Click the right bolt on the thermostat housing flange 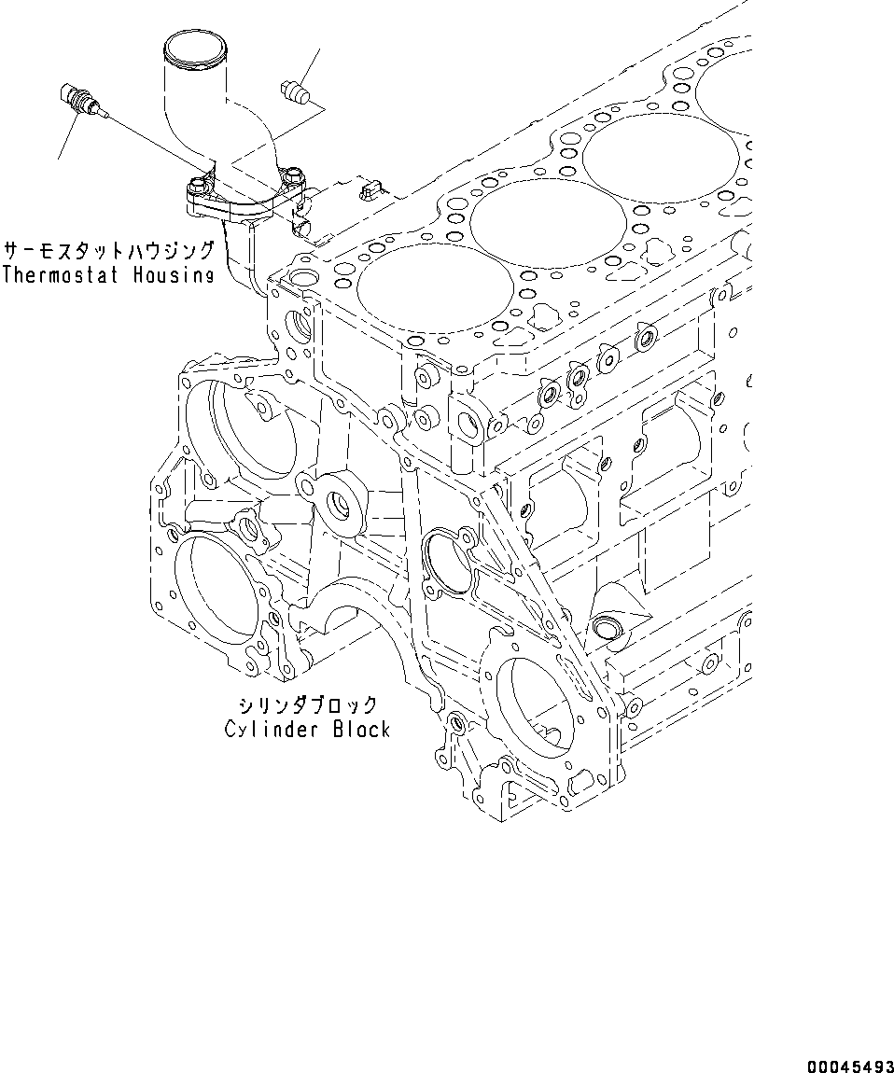[x=295, y=174]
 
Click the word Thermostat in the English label [x=63, y=274]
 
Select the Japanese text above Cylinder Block [x=307, y=705]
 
